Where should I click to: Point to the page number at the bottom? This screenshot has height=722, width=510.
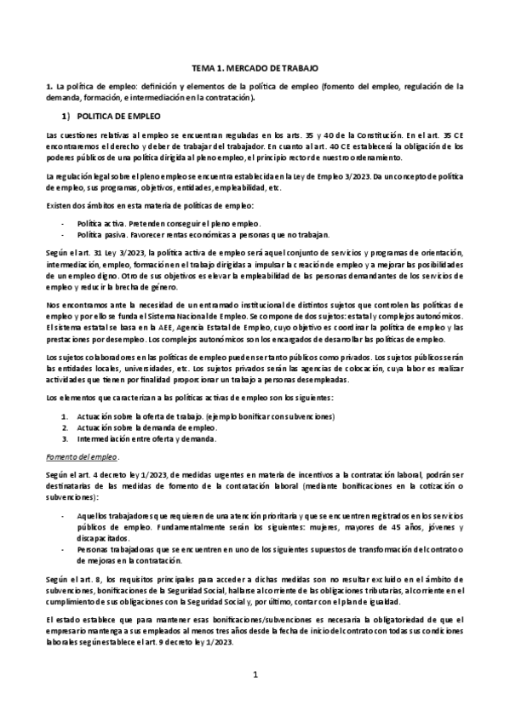click(x=255, y=674)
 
